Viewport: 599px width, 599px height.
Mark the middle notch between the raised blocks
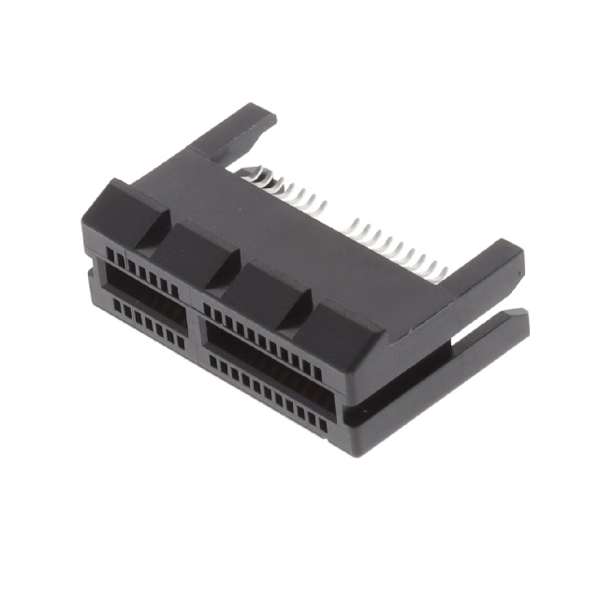(230, 271)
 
